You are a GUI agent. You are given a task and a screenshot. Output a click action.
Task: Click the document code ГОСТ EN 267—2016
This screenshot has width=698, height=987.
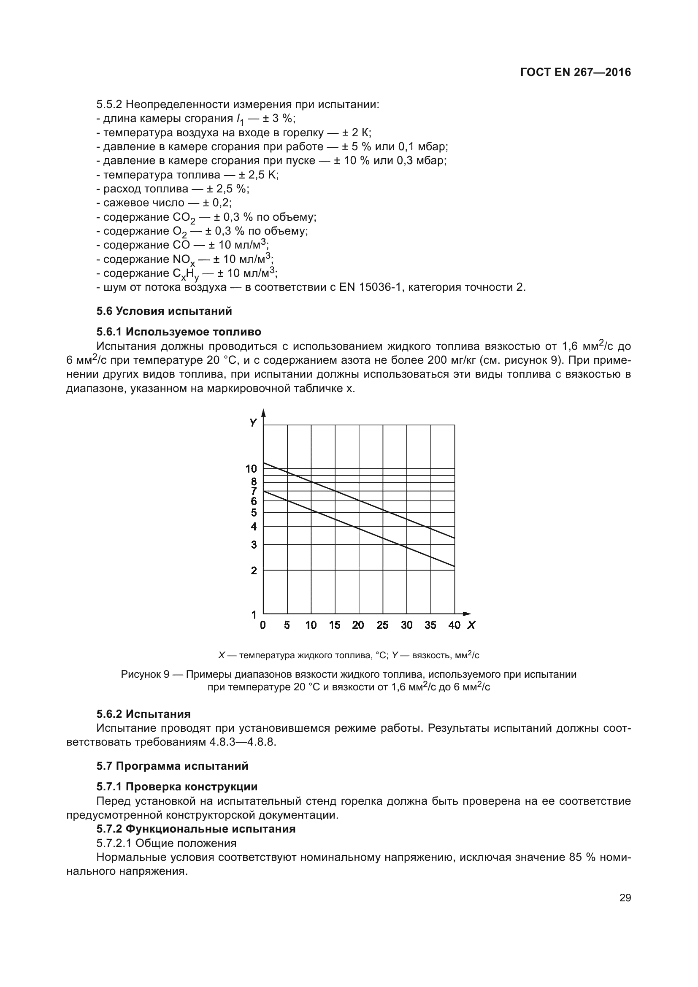point(575,72)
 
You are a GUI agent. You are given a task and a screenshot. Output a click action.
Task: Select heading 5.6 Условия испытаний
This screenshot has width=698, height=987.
point(164,311)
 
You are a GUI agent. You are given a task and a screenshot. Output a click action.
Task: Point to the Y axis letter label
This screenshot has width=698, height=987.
point(253,422)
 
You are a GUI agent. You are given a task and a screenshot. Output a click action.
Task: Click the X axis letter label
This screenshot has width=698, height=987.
point(471,625)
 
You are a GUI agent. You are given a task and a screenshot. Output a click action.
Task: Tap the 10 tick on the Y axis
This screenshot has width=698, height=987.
point(251,468)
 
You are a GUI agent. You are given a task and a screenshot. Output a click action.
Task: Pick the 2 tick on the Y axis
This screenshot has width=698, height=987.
point(254,571)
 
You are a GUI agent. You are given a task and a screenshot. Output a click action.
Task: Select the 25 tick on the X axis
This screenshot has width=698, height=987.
point(382,625)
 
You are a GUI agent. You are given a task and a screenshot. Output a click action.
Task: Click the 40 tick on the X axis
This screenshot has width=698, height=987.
point(454,625)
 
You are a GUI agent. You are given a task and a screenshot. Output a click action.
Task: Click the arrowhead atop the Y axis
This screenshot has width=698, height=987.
point(263,413)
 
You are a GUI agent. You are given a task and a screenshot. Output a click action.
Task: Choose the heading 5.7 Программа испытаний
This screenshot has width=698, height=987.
point(172,766)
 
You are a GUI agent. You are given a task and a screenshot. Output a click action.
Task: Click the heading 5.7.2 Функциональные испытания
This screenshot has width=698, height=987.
point(196,829)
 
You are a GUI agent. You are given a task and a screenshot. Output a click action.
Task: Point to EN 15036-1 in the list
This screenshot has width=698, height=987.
point(370,287)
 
